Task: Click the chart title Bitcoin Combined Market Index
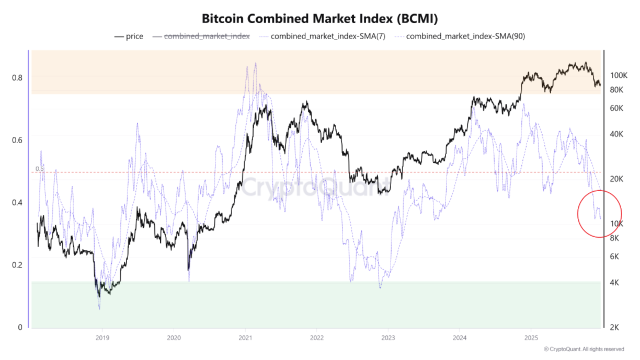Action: (x=319, y=18)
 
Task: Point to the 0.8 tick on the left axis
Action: (x=17, y=77)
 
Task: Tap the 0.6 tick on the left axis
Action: (x=17, y=140)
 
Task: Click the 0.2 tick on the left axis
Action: (x=17, y=265)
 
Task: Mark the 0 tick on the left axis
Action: (x=20, y=328)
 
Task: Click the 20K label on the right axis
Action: (x=618, y=179)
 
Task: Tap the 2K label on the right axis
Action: (x=615, y=328)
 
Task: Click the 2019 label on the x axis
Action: (x=102, y=338)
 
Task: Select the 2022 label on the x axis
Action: (x=316, y=338)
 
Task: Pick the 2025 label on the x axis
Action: (x=531, y=338)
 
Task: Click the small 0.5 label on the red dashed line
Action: (x=40, y=169)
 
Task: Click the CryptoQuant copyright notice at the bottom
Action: (x=584, y=349)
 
